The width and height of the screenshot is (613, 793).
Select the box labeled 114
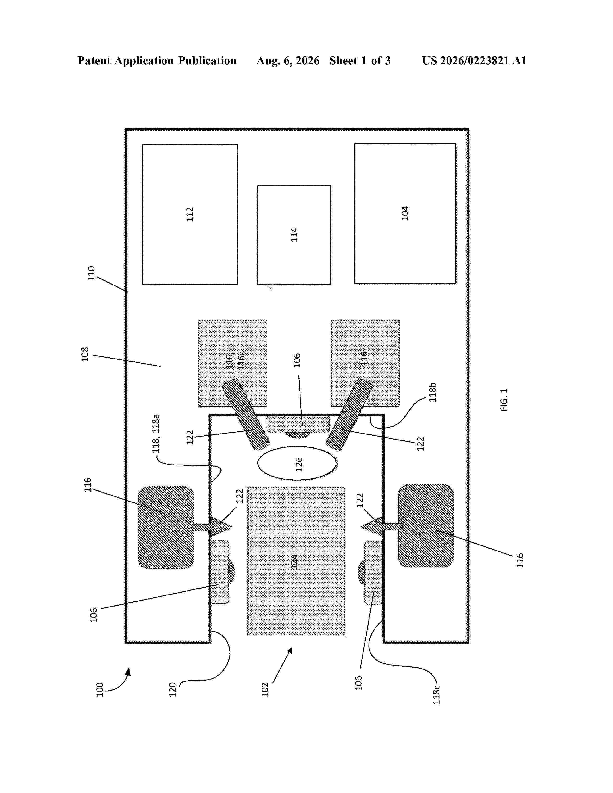(294, 235)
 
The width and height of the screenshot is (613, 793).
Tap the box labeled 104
(405, 213)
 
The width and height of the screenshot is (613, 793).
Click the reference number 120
(173, 689)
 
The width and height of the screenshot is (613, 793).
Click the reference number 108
(85, 354)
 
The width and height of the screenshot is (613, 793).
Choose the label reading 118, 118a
(156, 434)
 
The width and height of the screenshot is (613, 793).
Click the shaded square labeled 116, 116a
(233, 363)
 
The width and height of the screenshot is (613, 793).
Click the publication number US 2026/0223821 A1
(474, 61)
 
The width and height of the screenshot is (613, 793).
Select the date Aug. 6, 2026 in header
(288, 61)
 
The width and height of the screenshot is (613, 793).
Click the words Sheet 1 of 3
(360, 61)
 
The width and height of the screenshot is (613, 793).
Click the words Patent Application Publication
(157, 61)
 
